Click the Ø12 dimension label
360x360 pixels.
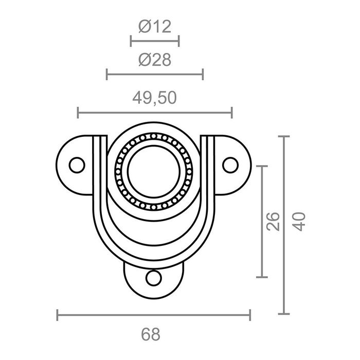point(154,27)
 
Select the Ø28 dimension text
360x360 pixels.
point(154,60)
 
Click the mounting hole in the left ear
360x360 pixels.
point(77,165)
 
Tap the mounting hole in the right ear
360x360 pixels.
point(230,165)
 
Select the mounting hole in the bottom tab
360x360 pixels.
point(153,278)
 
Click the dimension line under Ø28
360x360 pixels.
point(154,75)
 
